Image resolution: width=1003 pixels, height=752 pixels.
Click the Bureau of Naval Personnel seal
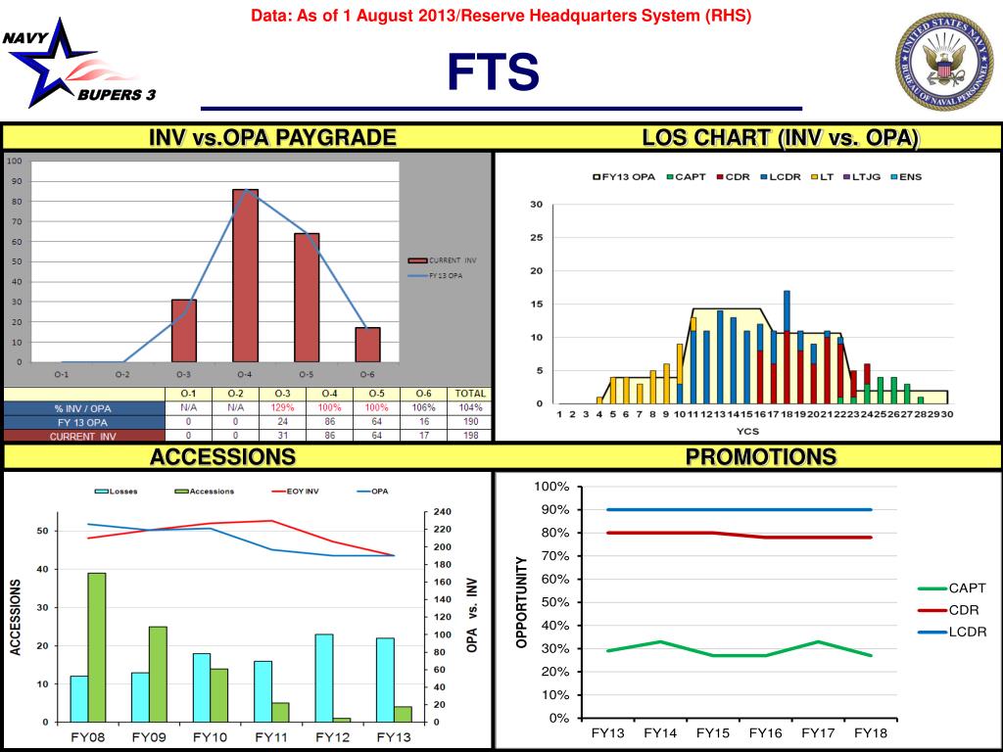pos(943,62)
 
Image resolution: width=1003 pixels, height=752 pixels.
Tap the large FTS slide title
pos(493,73)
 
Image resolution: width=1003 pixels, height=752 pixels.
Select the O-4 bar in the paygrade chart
pos(245,275)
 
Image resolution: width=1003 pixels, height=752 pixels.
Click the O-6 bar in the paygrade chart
pos(367,345)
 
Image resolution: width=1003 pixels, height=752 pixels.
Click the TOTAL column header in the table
pos(471,394)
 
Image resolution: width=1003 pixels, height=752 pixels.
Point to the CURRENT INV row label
pos(83,436)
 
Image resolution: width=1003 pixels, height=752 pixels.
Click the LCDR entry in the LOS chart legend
pos(782,176)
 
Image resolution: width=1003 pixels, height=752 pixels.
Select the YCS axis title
pos(749,430)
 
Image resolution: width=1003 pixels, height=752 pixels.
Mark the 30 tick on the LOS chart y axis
pos(536,204)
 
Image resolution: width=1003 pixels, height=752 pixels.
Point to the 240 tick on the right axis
pos(442,512)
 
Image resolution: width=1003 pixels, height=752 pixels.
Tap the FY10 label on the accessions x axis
pos(211,736)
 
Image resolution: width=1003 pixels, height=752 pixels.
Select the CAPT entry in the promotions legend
pos(966,588)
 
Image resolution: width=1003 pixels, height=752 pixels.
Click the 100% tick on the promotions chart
pos(551,487)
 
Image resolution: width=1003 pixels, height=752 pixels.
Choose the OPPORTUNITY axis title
pos(522,602)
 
